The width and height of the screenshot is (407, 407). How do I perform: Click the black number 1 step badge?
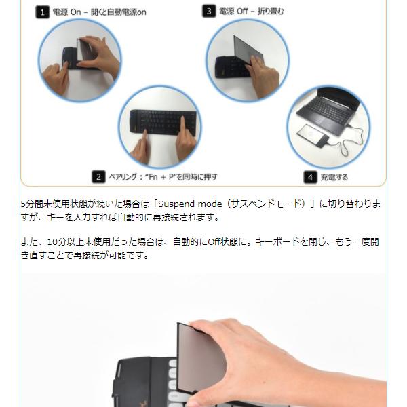point(42,12)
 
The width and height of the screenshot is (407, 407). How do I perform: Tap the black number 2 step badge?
point(98,177)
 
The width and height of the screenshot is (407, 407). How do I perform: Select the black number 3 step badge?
point(209,11)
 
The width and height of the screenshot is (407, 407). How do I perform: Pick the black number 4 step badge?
point(310,177)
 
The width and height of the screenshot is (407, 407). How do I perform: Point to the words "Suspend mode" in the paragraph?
point(190,204)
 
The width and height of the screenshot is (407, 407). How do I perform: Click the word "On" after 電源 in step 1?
point(75,12)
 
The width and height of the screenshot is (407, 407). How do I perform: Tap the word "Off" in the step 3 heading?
point(242,11)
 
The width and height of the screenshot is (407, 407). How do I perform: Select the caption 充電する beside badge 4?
point(334,177)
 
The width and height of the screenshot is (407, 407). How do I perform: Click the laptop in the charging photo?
point(328,111)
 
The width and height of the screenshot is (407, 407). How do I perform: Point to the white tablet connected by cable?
point(313,135)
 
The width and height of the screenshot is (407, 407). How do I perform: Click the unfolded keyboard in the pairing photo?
point(163,121)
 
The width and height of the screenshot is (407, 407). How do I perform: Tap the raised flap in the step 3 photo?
point(248,50)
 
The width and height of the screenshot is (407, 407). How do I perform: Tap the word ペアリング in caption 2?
point(123,177)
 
